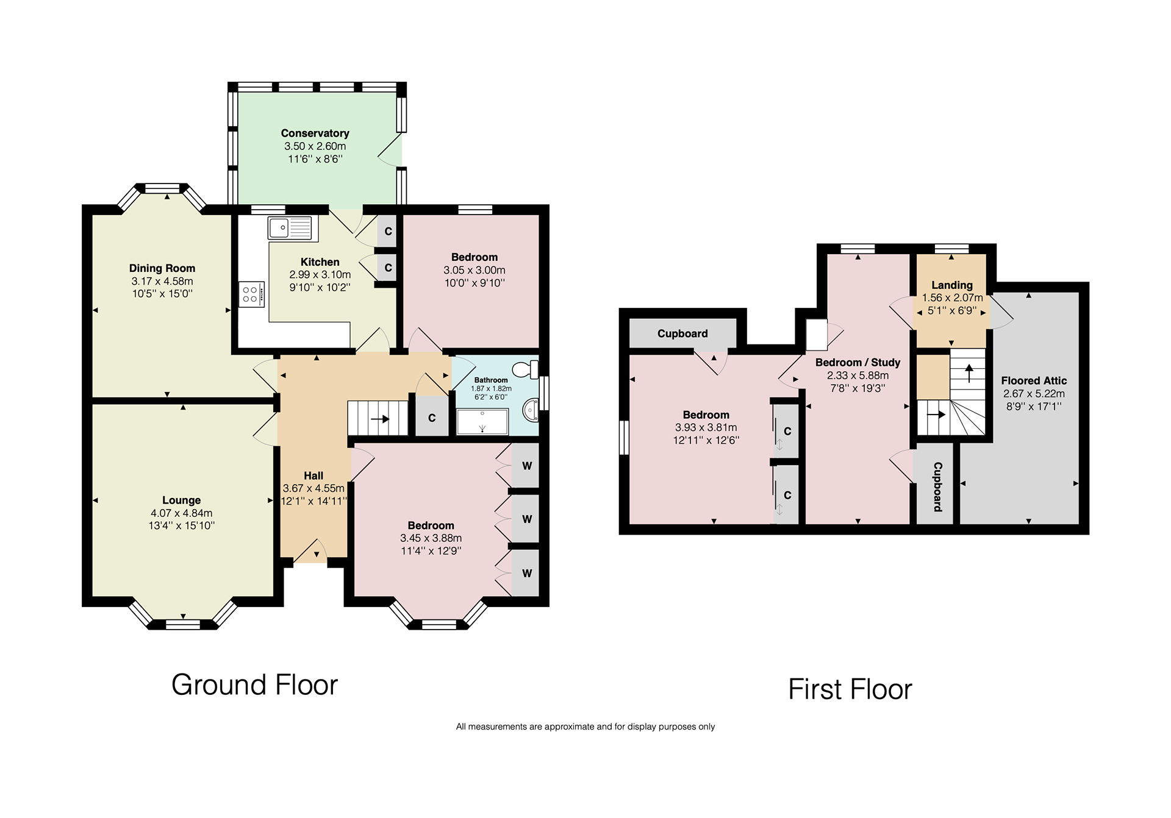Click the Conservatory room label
(315, 133)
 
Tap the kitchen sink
(289, 228)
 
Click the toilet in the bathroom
(526, 369)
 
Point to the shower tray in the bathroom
(482, 421)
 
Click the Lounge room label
(181, 500)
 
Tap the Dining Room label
(162, 268)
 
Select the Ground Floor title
(254, 685)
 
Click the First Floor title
(850, 689)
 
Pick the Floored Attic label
(1034, 380)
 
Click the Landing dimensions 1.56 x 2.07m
(952, 298)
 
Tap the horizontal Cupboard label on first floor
(682, 333)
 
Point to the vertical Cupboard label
(937, 486)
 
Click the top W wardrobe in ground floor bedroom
(526, 466)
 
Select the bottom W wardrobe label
(527, 573)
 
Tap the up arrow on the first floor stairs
(969, 372)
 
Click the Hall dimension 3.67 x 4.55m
(313, 488)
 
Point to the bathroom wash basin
(531, 410)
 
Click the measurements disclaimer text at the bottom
(585, 727)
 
